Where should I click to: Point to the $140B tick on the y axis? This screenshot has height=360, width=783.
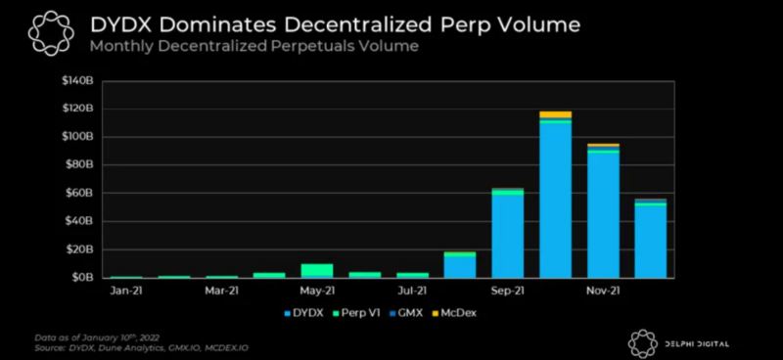[77, 79]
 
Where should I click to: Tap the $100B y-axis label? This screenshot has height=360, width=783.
[77, 136]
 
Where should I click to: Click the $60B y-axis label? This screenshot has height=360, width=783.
[79, 193]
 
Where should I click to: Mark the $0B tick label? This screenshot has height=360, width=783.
[81, 278]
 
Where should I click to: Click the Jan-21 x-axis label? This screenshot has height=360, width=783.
[126, 291]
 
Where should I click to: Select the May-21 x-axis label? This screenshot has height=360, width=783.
[317, 291]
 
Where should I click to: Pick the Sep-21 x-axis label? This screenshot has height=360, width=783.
[507, 291]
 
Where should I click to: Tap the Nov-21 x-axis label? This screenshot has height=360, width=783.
[603, 291]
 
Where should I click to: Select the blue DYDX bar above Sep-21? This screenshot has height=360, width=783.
[507, 236]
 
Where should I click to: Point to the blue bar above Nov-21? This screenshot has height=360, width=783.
[603, 215]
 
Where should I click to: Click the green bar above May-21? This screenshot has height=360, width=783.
[317, 270]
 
